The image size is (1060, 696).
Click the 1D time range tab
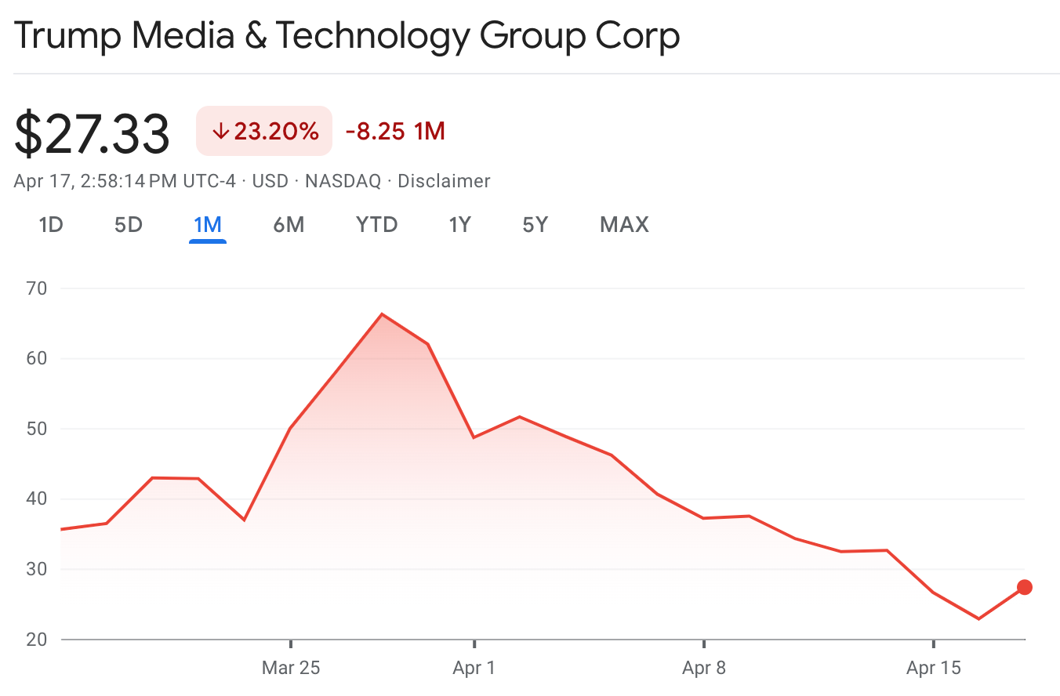pos(51,225)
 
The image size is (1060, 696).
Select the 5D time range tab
pos(129,225)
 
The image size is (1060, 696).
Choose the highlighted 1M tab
pos(208,225)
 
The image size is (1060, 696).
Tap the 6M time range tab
pos(289,225)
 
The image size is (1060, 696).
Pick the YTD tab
pos(377,225)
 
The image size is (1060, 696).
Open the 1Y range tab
pos(459,225)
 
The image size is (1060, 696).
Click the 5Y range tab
pos(535,225)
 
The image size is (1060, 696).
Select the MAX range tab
pos(624,225)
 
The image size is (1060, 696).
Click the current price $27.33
pos(92,133)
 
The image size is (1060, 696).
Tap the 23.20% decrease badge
pos(264,131)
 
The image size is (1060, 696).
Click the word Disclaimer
pos(444,181)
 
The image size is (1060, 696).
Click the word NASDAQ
pos(343,181)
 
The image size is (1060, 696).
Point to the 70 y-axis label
pos(38,288)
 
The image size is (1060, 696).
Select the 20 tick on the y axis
pos(38,640)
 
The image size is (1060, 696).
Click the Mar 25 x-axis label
pos(291,668)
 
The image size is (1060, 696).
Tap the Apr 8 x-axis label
pos(704,668)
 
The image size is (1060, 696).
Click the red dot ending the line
pos(1024,587)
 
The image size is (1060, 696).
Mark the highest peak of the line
pos(382,314)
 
